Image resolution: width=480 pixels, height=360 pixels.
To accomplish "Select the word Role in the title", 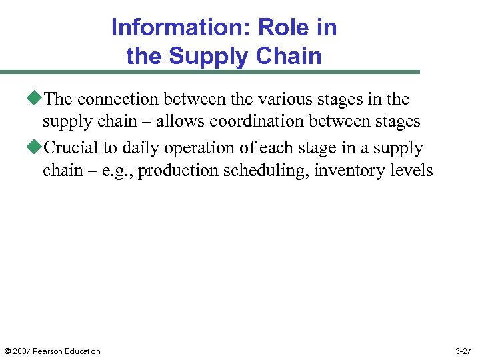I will tap(276, 28).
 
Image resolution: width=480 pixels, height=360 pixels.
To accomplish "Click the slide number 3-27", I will tap(463, 351).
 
